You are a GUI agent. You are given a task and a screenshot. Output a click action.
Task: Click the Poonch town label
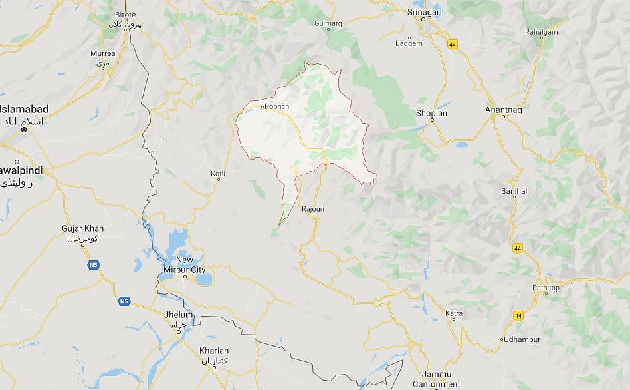pyautogui.click(x=277, y=106)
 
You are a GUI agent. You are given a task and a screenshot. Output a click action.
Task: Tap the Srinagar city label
pyautogui.click(x=425, y=11)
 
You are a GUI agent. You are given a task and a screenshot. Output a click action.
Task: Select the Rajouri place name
pyautogui.click(x=312, y=209)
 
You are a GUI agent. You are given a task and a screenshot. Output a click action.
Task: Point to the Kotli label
pyautogui.click(x=217, y=174)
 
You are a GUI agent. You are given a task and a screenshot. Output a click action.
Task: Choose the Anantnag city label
pyautogui.click(x=504, y=110)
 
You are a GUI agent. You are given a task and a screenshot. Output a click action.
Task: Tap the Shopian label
pyautogui.click(x=431, y=113)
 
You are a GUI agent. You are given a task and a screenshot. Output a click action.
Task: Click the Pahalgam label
pyautogui.click(x=542, y=31)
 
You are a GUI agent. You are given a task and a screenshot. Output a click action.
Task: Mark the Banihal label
pyautogui.click(x=514, y=191)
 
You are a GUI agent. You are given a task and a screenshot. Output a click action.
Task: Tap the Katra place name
pyautogui.click(x=454, y=313)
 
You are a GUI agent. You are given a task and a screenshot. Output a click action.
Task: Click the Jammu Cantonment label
pyautogui.click(x=436, y=379)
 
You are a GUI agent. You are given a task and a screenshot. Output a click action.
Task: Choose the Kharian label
pyautogui.click(x=214, y=351)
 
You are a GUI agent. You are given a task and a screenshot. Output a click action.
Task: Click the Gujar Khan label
pyautogui.click(x=82, y=228)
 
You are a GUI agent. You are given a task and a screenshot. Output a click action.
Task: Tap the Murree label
pyautogui.click(x=103, y=53)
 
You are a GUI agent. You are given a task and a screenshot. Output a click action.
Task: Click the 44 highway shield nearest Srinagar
pyautogui.click(x=453, y=45)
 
